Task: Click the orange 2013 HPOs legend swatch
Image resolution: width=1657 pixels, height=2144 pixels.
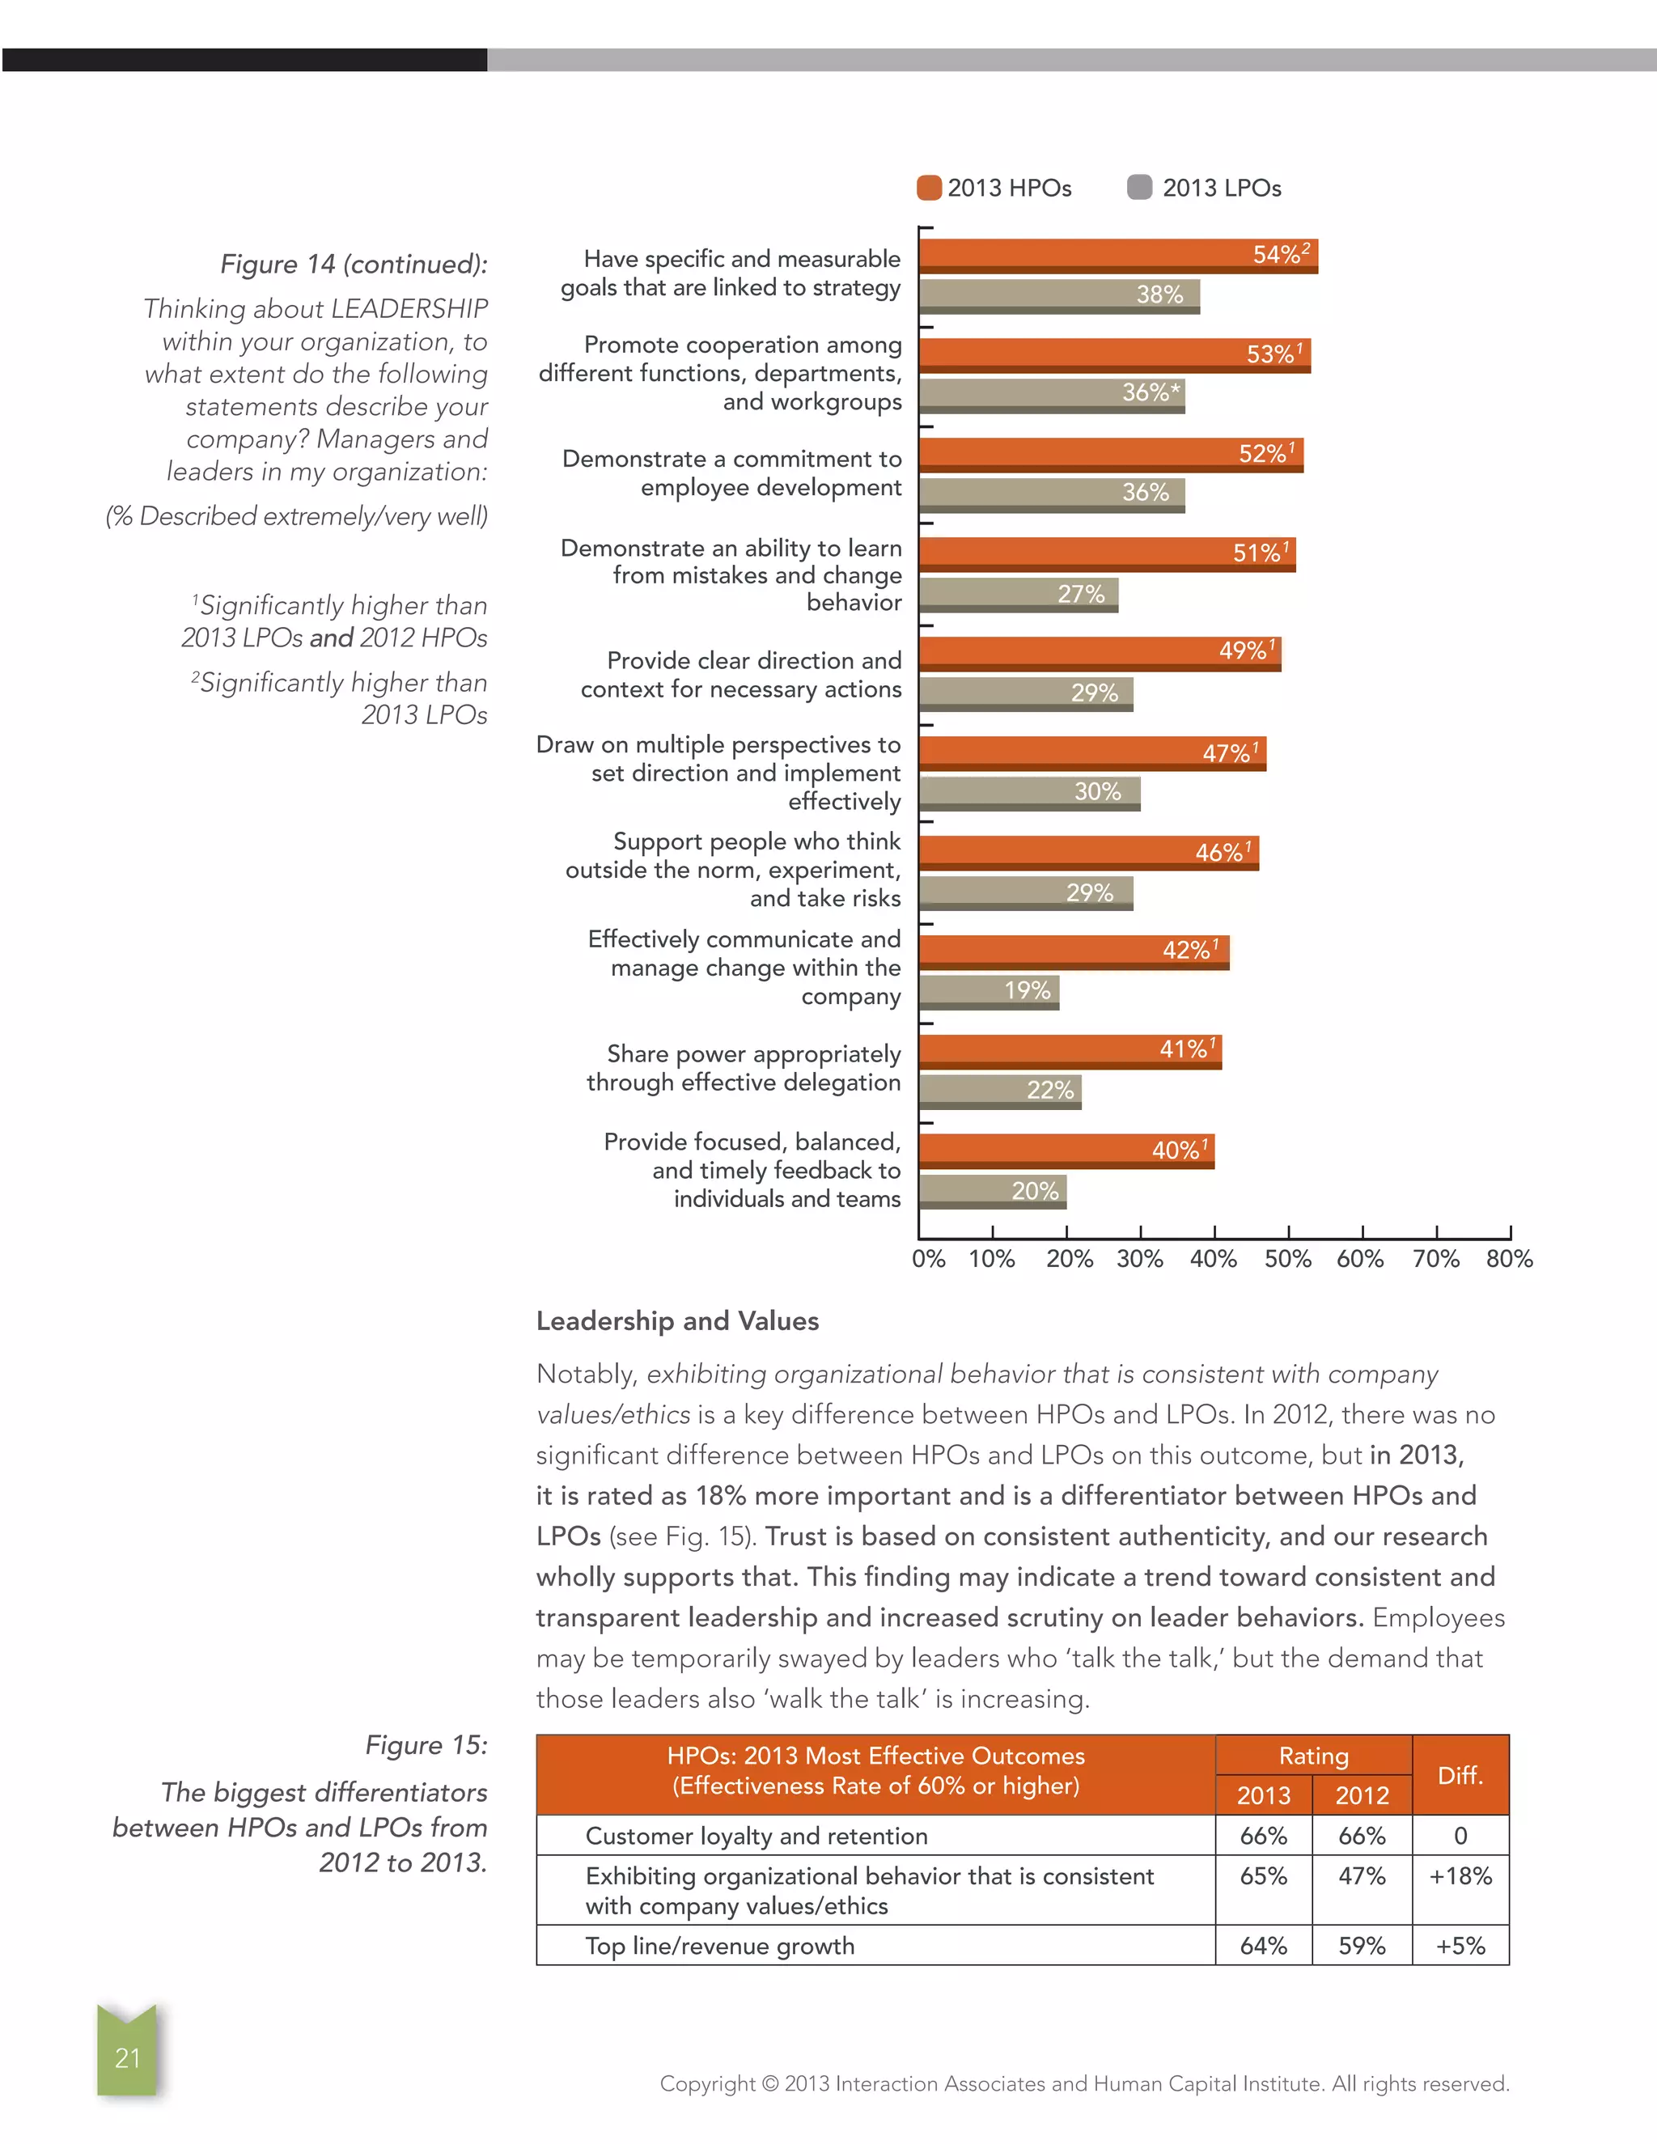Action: click(x=929, y=188)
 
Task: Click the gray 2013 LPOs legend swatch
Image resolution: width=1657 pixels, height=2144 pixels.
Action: click(x=1140, y=188)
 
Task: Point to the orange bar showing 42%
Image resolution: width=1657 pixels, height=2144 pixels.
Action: click(x=1073, y=951)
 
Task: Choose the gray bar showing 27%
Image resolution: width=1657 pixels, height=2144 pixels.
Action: click(x=1018, y=594)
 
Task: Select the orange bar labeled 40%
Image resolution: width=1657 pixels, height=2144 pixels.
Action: click(x=1066, y=1150)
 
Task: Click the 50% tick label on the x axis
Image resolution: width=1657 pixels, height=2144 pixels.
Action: click(x=1287, y=1260)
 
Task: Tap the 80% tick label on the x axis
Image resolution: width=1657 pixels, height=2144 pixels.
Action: click(x=1509, y=1260)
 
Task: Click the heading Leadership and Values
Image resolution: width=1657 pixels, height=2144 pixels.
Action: click(x=677, y=1321)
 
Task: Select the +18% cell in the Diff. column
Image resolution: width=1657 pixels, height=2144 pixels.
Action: click(x=1460, y=1876)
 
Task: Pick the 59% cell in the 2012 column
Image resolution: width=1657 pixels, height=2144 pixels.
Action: click(x=1362, y=1946)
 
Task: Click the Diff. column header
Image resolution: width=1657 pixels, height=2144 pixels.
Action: click(x=1460, y=1775)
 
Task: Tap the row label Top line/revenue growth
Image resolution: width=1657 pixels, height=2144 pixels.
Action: click(x=719, y=1946)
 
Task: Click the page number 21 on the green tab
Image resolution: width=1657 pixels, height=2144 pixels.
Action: click(x=128, y=2057)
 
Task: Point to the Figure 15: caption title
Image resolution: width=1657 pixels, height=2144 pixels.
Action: click(x=426, y=1745)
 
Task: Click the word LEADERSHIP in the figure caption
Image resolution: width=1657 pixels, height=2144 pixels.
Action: click(x=409, y=309)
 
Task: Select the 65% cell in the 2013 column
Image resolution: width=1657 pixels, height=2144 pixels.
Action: click(x=1263, y=1876)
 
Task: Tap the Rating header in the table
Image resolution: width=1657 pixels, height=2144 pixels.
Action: click(x=1313, y=1756)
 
